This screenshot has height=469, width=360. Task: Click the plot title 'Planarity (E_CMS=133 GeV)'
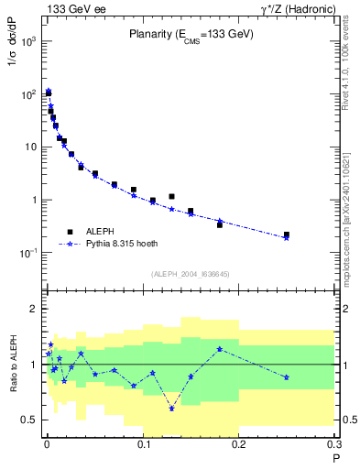point(190,35)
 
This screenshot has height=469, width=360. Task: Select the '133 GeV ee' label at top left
point(72,8)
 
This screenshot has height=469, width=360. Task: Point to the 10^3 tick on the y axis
point(28,42)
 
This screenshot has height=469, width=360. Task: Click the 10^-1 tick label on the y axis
point(28,253)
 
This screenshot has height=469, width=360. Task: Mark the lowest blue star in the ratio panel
point(171,409)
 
